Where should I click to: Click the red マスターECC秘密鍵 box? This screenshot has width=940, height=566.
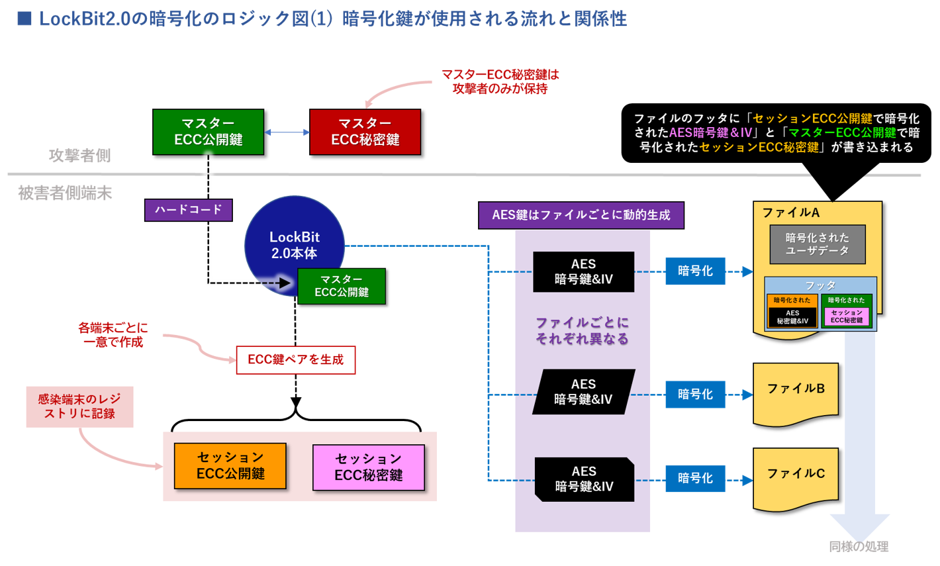click(x=365, y=132)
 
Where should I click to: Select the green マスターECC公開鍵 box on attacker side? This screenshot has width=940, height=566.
click(x=208, y=132)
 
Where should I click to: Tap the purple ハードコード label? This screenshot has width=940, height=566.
click(x=189, y=210)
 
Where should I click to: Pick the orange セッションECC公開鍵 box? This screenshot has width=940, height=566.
click(x=230, y=466)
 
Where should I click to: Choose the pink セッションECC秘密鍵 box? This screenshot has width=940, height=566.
click(x=368, y=467)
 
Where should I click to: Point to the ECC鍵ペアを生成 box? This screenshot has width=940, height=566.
click(x=295, y=360)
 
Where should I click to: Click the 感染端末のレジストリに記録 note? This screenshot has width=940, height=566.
click(x=79, y=406)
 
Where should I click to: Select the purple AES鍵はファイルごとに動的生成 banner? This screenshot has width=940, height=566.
click(x=581, y=215)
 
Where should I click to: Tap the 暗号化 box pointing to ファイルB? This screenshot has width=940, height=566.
click(x=695, y=395)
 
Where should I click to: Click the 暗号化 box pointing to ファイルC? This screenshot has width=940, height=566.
click(x=695, y=479)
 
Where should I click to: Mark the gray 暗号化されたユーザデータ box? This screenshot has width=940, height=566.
click(x=817, y=244)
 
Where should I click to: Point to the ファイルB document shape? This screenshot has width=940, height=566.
click(x=796, y=393)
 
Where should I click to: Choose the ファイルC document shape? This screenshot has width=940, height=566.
click(x=796, y=478)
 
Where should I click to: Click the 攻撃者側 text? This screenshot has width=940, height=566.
click(x=79, y=156)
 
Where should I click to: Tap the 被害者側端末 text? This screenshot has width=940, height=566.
click(x=65, y=193)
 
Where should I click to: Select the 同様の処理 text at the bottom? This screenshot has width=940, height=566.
click(x=859, y=547)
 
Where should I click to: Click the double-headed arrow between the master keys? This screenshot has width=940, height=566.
click(x=287, y=132)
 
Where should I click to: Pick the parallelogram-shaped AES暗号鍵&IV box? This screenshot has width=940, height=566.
click(x=583, y=392)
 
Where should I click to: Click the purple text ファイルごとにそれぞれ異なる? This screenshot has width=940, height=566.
click(x=582, y=331)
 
